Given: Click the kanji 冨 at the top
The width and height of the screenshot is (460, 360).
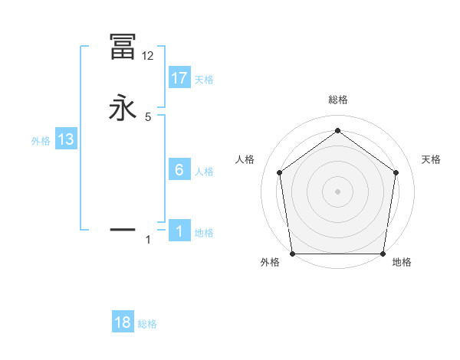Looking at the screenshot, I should coord(123,47).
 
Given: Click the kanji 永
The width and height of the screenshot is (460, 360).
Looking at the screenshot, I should coord(123,107).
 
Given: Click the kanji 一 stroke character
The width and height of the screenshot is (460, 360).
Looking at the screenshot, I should coord(123,228).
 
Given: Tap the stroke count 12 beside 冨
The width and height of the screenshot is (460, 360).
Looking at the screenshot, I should coord(148,56).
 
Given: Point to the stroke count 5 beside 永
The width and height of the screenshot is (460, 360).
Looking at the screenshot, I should coord(148,117).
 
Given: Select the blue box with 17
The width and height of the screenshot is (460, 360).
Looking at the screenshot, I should coord(179,78).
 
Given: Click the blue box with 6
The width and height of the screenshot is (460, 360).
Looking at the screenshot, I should coord(179,170).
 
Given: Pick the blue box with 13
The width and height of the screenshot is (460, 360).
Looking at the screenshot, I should coord(66,139).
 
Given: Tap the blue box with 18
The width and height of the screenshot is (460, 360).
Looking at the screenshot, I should coord(123,322).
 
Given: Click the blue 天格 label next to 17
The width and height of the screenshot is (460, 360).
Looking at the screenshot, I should coord(204,80).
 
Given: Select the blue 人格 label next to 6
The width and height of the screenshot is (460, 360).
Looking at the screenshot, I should coord(204,172).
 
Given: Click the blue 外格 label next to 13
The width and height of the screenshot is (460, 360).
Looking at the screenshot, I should coord(41,141).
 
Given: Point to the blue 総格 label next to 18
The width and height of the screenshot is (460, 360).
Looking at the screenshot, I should coord(147,324).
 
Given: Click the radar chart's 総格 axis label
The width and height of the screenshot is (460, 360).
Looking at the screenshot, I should coord(337,100).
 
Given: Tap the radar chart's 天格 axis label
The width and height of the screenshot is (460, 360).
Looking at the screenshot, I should coord(432,159).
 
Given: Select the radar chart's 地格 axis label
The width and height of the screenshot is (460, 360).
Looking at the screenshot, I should coord(402,262).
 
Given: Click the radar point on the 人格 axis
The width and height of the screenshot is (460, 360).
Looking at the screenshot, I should coord(279,172).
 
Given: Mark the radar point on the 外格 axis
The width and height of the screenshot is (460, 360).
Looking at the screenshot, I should coord(293,254).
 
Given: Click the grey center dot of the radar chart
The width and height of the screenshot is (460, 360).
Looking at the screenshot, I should coord(337,191).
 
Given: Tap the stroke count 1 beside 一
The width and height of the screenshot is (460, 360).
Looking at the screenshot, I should coord(148,240).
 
